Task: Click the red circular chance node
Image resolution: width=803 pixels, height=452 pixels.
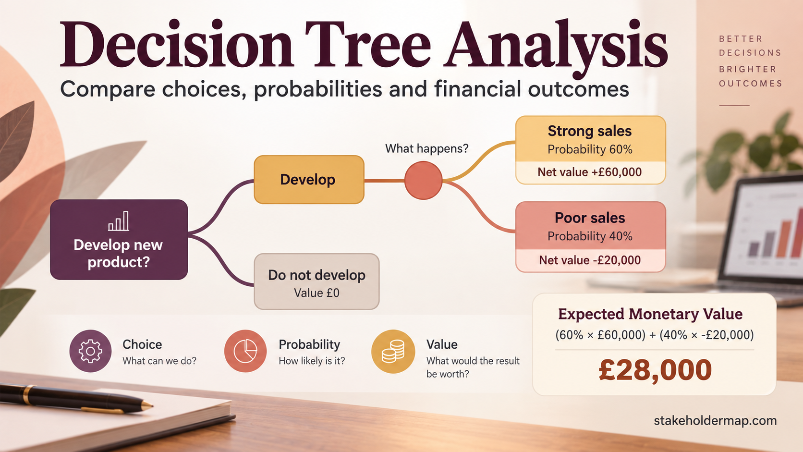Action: (424, 180)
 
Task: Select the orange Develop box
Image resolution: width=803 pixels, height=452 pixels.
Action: (309, 180)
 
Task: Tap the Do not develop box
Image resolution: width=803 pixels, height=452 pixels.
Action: (316, 281)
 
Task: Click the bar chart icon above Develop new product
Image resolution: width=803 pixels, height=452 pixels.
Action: (119, 221)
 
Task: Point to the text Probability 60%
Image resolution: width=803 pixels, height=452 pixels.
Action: (590, 149)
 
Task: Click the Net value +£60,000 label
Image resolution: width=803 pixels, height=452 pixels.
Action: (590, 172)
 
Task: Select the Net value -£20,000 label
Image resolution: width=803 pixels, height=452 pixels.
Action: (590, 260)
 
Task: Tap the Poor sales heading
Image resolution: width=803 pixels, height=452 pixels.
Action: (590, 218)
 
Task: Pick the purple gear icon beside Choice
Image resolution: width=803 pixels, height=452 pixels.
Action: (90, 351)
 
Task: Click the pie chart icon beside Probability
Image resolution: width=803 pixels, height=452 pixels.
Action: (245, 351)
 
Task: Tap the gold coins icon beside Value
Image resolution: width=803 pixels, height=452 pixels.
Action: (393, 351)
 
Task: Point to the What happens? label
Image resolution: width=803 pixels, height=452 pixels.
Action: (426, 148)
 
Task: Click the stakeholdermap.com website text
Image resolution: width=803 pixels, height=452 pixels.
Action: (715, 420)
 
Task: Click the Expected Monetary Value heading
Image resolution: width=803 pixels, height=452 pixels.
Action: (650, 314)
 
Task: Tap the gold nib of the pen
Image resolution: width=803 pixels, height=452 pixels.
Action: (147, 405)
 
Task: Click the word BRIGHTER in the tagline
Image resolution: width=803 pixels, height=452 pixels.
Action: (747, 69)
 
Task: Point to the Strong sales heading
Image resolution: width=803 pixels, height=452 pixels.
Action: (590, 131)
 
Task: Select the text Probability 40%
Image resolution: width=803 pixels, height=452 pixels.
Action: (590, 236)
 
